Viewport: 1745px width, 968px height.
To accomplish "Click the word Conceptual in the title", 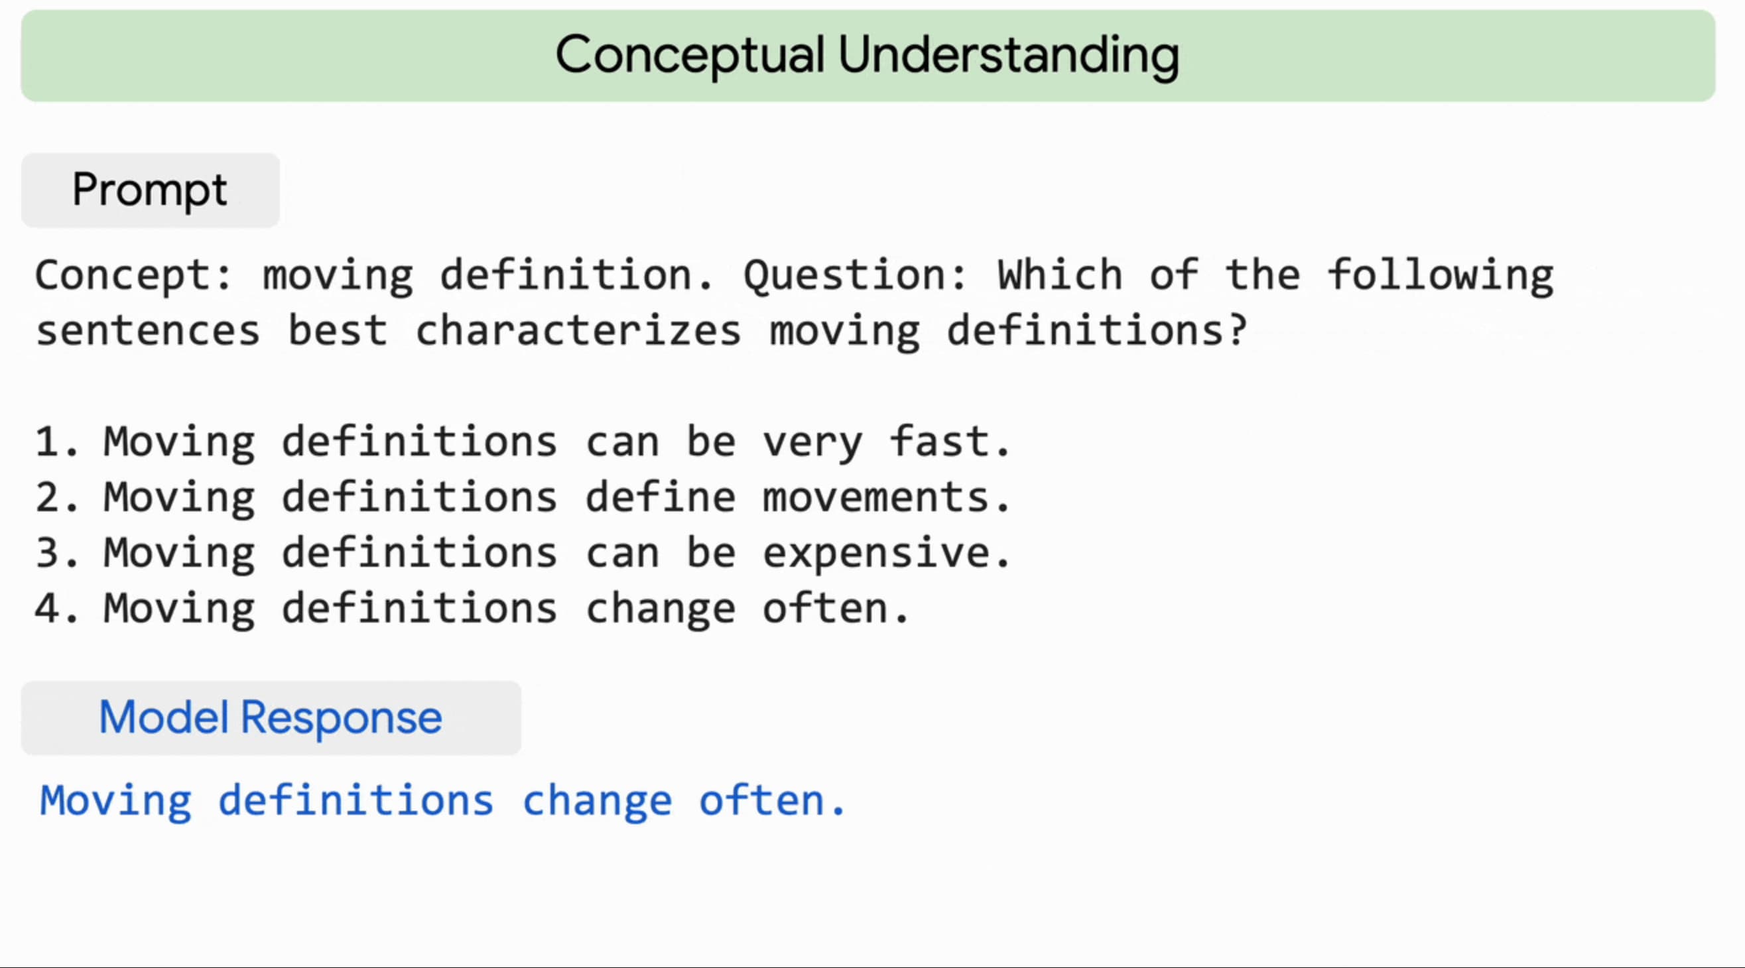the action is pyautogui.click(x=690, y=56).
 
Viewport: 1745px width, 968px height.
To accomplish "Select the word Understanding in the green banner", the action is pyautogui.click(x=1009, y=56).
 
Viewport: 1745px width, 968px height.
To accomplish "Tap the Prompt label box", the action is pyautogui.click(x=151, y=190).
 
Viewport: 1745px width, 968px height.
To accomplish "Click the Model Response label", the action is pyautogui.click(x=271, y=718).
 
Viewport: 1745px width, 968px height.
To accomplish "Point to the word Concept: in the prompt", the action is pyautogui.click(x=134, y=276).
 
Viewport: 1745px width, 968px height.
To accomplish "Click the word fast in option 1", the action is pyautogui.click(x=939, y=441).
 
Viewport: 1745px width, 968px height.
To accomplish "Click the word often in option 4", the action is pyautogui.click(x=825, y=607).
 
